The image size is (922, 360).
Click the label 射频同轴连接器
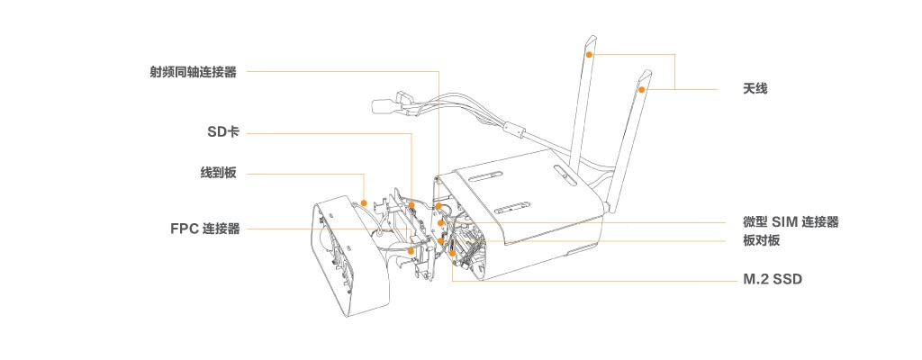[194, 72]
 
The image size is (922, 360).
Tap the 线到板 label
[218, 173]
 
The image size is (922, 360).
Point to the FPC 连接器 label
[205, 229]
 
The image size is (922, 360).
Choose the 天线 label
[755, 89]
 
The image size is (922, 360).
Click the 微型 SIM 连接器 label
[791, 222]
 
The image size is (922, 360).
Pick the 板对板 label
[761, 241]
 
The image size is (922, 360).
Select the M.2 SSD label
[773, 279]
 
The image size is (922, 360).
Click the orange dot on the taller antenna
[590, 54]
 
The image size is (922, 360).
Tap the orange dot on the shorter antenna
[642, 89]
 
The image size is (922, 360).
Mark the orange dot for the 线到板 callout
[365, 202]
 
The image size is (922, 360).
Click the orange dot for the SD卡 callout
[412, 205]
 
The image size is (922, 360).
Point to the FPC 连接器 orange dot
[411, 251]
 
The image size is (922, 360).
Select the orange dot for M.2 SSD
[452, 254]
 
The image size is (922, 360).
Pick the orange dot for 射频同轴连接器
[439, 205]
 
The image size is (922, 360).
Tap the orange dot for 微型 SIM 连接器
[440, 223]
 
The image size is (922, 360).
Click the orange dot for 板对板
[440, 241]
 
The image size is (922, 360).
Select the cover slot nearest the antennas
[562, 173]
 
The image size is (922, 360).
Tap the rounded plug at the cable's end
[384, 106]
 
